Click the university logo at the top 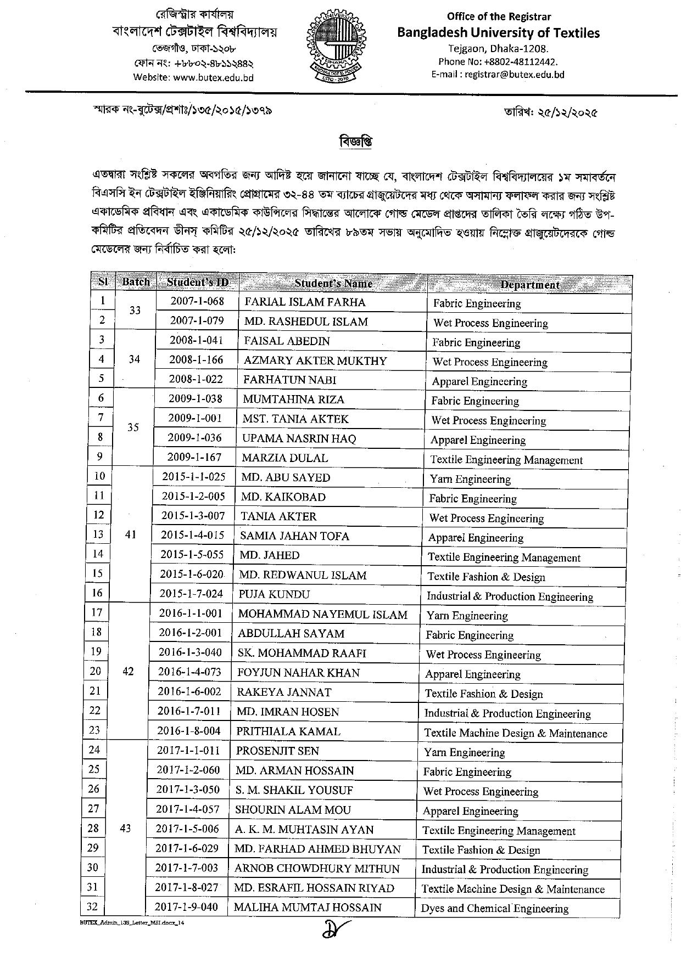click(x=337, y=48)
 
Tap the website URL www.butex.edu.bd click(x=213, y=77)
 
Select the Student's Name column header click(x=333, y=283)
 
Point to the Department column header click(x=529, y=284)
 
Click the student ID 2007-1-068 click(x=197, y=301)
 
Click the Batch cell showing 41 click(x=130, y=534)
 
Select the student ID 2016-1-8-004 click(x=189, y=731)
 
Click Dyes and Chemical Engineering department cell click(x=494, y=908)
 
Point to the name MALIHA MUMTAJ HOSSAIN click(x=308, y=907)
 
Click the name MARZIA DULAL click(x=285, y=458)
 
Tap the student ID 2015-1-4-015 click(x=193, y=535)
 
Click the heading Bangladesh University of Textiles click(x=498, y=33)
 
